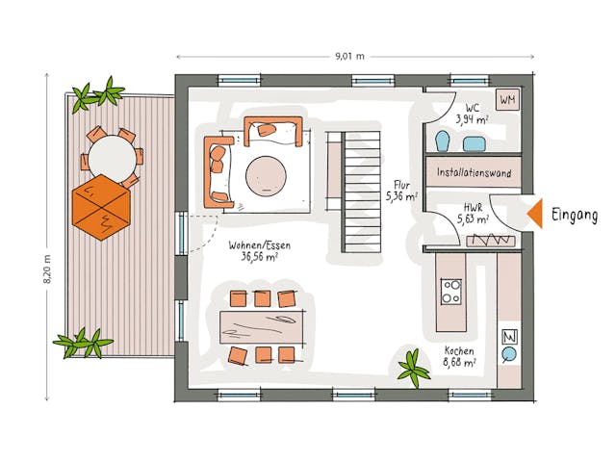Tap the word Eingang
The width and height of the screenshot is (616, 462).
coord(576,216)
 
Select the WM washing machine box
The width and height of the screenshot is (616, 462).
coord(506,99)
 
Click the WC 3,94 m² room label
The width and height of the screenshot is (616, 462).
coord(473,114)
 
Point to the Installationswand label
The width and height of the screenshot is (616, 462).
coord(474,173)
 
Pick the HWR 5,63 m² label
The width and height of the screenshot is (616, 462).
coord(471,213)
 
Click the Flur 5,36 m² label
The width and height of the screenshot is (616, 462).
coord(401,191)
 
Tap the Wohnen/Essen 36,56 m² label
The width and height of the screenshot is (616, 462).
coord(259,251)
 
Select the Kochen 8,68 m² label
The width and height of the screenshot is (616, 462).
coord(459,357)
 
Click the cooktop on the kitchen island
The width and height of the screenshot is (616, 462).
coord(449,291)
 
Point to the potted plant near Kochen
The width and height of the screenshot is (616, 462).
coord(415,368)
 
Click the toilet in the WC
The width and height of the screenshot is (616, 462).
coord(442,142)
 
